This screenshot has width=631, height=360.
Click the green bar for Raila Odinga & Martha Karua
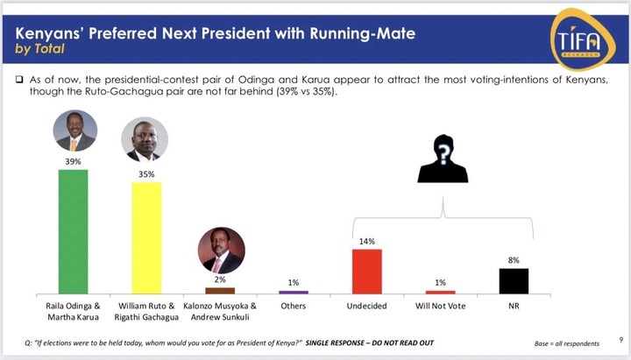pos(74,232)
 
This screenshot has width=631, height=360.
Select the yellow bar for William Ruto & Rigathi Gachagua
pos(146,238)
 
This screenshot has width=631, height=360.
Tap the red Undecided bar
pos(367,272)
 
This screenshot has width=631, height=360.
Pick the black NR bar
pos(514,281)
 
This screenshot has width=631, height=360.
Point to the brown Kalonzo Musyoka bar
pos(220,291)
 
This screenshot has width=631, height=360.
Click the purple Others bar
pos(294,293)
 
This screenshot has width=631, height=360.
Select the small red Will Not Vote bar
pos(441,293)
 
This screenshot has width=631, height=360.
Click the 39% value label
pos(74,162)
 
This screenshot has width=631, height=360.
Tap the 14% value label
pos(367,242)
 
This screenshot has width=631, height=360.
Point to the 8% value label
pos(514,260)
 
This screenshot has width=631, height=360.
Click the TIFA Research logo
pos(582,39)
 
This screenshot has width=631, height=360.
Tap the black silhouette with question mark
pos(443,159)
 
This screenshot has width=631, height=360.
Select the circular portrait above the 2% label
pos(222,251)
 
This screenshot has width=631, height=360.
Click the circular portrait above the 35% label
pos(145,139)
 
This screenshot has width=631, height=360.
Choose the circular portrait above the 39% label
pos(74,131)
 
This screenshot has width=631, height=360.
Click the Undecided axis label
pos(367,306)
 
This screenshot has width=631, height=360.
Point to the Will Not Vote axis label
pos(441,306)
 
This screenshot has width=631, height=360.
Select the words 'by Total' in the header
pos(39,49)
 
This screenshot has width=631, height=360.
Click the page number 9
pos(621,340)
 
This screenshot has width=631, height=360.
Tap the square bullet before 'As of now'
pos(19,79)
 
